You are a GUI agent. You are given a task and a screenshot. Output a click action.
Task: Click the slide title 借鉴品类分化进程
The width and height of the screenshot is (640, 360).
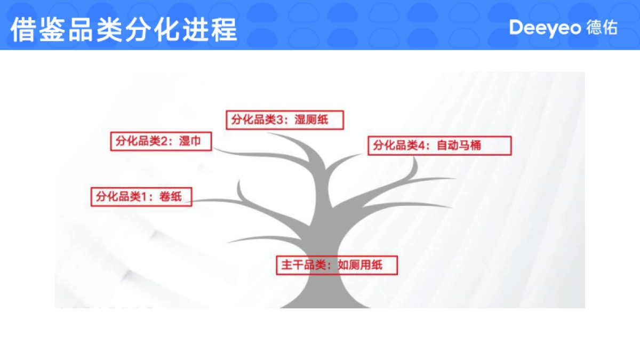coord(124,29)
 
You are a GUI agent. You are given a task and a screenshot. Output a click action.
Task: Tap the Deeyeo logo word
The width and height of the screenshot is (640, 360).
coord(545,28)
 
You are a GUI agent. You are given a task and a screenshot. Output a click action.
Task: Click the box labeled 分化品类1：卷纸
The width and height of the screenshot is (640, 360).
coord(141,196)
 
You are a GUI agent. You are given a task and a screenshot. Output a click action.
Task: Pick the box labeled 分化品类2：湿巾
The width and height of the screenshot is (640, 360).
coord(161,141)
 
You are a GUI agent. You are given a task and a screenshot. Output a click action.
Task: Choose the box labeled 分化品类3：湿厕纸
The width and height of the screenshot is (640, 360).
coord(284,120)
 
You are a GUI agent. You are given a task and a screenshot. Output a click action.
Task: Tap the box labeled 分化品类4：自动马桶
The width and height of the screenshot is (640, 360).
coord(439,146)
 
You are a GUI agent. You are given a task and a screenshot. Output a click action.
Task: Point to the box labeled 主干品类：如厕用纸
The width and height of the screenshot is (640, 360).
coord(337,265)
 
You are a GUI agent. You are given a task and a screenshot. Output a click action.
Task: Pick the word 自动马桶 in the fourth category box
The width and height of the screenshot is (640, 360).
coord(459,146)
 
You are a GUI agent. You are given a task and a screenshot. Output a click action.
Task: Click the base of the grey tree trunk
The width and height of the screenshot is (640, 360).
coord(325,301)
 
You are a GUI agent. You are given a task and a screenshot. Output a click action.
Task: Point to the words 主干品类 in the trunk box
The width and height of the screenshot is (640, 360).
coord(302,265)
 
